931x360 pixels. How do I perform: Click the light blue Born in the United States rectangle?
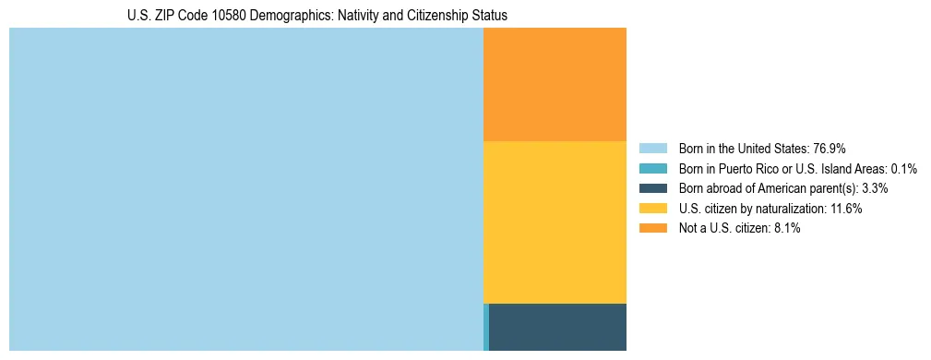pos(245,189)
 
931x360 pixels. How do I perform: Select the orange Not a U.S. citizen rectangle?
pos(555,84)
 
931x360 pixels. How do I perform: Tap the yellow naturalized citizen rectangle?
pos(555,222)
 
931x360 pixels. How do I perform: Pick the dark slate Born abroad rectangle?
pos(557,327)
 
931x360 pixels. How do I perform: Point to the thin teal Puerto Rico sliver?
pos(486,327)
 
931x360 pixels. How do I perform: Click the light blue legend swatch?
pos(652,149)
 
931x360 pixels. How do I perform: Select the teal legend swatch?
pos(652,169)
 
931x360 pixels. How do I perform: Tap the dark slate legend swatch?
pos(652,188)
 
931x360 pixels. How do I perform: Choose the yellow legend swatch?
pos(652,209)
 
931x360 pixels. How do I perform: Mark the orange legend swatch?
pos(652,229)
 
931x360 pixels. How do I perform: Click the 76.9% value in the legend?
pos(829,149)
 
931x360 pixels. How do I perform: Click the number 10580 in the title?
pos(214,17)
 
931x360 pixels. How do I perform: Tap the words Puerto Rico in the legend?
pos(745,169)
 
